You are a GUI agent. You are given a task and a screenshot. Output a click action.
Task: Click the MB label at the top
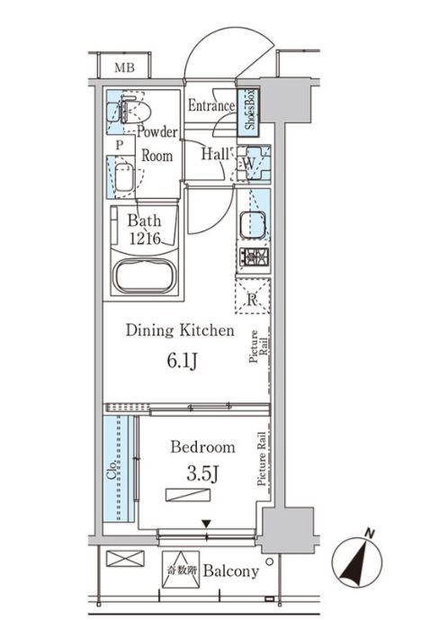click(x=124, y=67)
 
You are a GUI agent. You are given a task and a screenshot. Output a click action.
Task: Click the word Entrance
click(x=211, y=105)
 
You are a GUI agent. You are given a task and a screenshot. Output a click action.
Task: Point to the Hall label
click(x=215, y=154)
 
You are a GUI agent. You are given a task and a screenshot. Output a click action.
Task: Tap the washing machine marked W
click(x=254, y=163)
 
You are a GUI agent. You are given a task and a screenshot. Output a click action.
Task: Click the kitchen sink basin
click(x=253, y=225)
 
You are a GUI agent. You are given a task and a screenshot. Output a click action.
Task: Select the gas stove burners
click(x=253, y=258)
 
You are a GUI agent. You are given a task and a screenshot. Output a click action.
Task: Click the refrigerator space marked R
click(x=253, y=296)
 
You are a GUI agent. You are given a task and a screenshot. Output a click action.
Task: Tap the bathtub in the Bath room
click(x=145, y=276)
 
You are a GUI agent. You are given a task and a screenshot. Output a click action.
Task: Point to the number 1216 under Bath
click(x=145, y=238)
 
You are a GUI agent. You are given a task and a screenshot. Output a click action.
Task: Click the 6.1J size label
click(x=183, y=362)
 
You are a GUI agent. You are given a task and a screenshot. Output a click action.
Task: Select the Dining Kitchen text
click(x=180, y=330)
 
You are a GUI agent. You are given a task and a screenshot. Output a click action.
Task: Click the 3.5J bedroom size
click(x=202, y=473)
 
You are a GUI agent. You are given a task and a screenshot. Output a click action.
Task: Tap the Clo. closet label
click(x=112, y=470)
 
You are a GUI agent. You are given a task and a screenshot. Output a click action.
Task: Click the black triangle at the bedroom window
click(x=206, y=525)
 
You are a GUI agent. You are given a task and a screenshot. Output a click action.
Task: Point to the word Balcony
click(x=231, y=571)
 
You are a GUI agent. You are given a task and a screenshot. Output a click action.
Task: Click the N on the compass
click(x=370, y=534)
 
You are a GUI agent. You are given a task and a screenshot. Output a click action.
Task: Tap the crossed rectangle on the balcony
click(x=125, y=559)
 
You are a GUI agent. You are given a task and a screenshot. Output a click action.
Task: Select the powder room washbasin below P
click(x=123, y=177)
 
